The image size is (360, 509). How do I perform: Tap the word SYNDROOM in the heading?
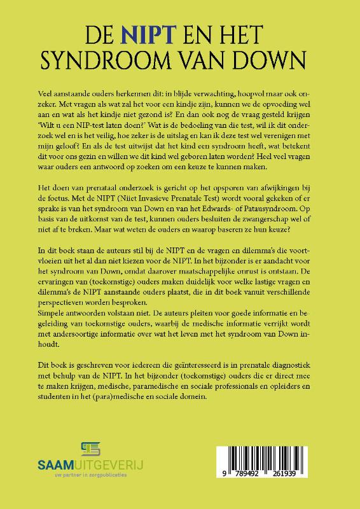pyautogui.click(x=103, y=60)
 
